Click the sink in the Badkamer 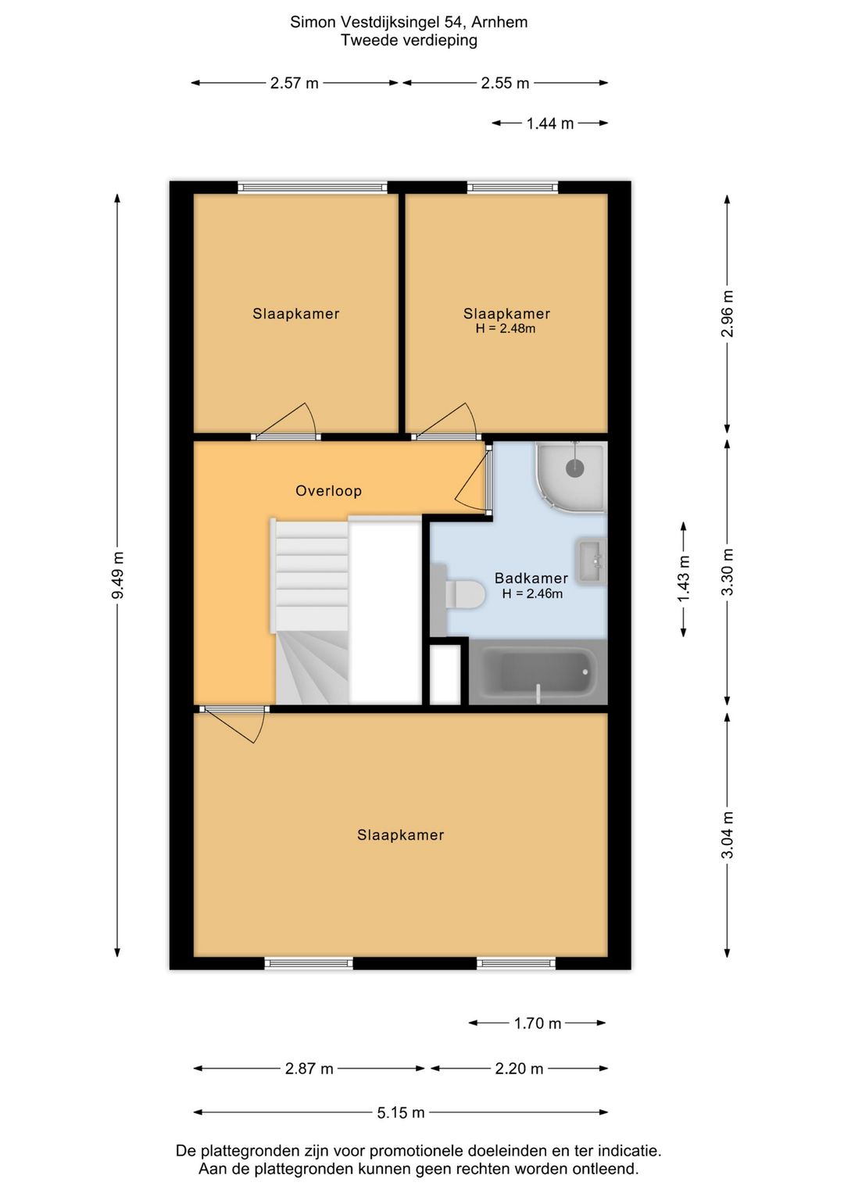pos(591,562)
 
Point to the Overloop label pos(328,490)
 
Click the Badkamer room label pos(531,578)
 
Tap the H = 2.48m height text pos(506,328)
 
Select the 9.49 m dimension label pos(118,575)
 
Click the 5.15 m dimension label pos(401,1112)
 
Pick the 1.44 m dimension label pos(550,124)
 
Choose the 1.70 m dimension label pos(538,1023)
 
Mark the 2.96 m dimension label pos(728,313)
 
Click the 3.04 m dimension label pos(728,835)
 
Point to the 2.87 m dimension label pos(309,1069)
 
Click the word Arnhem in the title pos(499,23)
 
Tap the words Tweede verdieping pos(409,41)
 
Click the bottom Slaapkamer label pos(400,835)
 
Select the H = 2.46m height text pos(532,594)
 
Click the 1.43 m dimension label pos(684,579)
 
